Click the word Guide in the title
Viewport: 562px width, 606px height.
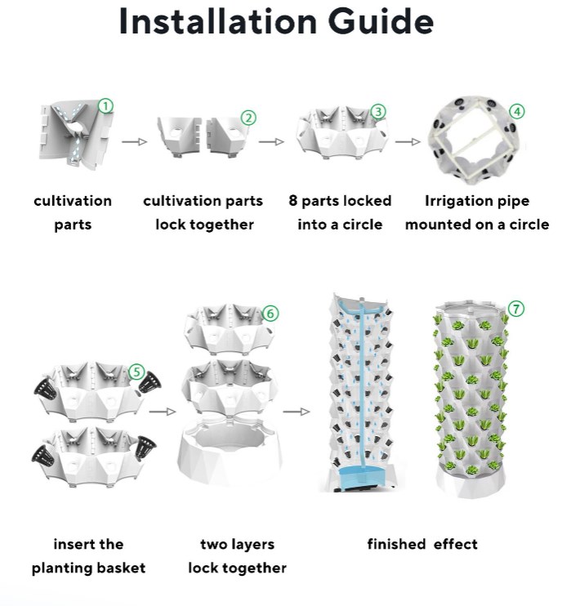(x=381, y=20)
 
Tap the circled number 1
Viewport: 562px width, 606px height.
(x=105, y=106)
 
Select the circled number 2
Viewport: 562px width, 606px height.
(x=248, y=118)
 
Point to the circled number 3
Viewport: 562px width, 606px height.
(x=378, y=112)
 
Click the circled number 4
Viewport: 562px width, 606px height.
(x=517, y=112)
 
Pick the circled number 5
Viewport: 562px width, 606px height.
(x=136, y=372)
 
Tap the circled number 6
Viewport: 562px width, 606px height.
(x=270, y=313)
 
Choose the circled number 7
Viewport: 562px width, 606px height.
(x=516, y=309)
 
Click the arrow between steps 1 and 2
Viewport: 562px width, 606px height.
(x=135, y=142)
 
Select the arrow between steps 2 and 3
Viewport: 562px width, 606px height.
(x=271, y=142)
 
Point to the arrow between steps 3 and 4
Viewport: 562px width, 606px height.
(x=408, y=142)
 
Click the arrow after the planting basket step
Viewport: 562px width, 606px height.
(x=163, y=412)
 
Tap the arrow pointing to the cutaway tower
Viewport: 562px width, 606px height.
(x=297, y=412)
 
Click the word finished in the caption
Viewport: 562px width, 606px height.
(x=396, y=544)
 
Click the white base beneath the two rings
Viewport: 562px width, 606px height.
(x=230, y=452)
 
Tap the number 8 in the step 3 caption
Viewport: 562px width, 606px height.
(x=293, y=201)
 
